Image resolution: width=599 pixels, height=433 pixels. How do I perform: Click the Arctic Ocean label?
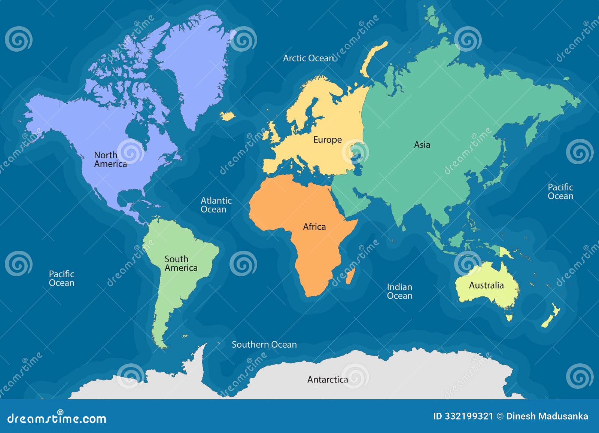pyautogui.click(x=308, y=58)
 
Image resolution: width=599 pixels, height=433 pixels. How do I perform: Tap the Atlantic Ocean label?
pyautogui.click(x=216, y=205)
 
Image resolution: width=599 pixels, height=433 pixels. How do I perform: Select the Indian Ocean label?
pyautogui.click(x=399, y=292)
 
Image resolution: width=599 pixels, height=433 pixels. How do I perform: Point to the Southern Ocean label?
pyautogui.click(x=264, y=345)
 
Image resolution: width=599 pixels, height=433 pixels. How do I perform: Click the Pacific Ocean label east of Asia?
pyautogui.click(x=560, y=192)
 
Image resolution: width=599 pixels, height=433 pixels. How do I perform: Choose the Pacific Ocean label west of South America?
pyautogui.click(x=62, y=278)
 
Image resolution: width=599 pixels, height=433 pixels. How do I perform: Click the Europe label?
pyautogui.click(x=328, y=140)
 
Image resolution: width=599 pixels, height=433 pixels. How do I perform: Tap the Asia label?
pyautogui.click(x=422, y=145)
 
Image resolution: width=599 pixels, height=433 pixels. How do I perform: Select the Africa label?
pyautogui.click(x=314, y=227)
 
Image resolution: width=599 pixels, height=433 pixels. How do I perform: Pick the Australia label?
pyautogui.click(x=486, y=286)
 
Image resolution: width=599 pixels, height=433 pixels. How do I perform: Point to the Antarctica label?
pyautogui.click(x=328, y=380)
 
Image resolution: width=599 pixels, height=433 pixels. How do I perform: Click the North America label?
pyautogui.click(x=110, y=159)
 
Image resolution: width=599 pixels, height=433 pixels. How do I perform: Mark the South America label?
pyautogui.click(x=181, y=263)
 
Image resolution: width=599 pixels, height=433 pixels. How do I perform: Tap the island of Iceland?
pyautogui.click(x=227, y=116)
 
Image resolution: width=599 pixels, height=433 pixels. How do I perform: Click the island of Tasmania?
pyautogui.click(x=509, y=318)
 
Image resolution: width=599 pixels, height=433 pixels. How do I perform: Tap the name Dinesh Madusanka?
pyautogui.click(x=547, y=416)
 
